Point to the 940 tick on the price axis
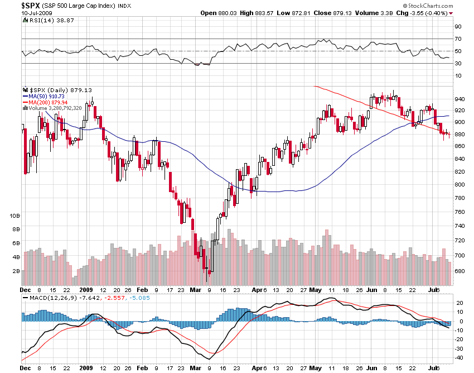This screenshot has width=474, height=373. [x=459, y=99]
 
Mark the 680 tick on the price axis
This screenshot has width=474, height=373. [x=459, y=271]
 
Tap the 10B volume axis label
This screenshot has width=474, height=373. [x=15, y=215]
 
